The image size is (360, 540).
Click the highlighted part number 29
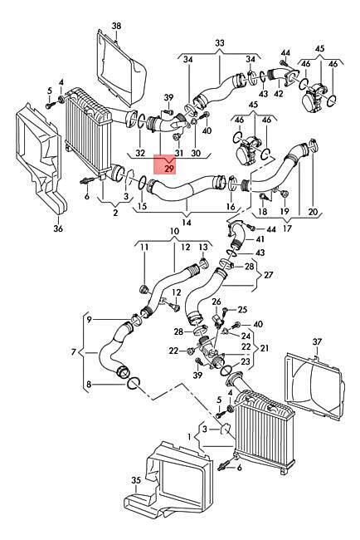coord(170,169)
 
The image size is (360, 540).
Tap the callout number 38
coord(117,26)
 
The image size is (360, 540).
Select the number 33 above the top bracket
coord(220,43)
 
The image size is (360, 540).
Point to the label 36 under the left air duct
coord(58,228)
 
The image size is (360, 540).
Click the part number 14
coord(187,223)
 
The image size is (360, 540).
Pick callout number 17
coord(287,228)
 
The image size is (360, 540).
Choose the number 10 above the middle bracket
coord(175,231)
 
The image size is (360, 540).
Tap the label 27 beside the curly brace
coord(269,275)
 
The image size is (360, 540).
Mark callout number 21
coord(264,348)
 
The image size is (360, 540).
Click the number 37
coord(317,342)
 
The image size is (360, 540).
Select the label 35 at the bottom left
coord(136,480)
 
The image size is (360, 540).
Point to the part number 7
coord(73,352)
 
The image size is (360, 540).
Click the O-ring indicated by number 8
coord(134,383)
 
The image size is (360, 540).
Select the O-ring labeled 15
coord(143,184)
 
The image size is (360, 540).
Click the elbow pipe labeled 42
coord(278,76)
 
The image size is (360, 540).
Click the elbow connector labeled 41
coord(237,237)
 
